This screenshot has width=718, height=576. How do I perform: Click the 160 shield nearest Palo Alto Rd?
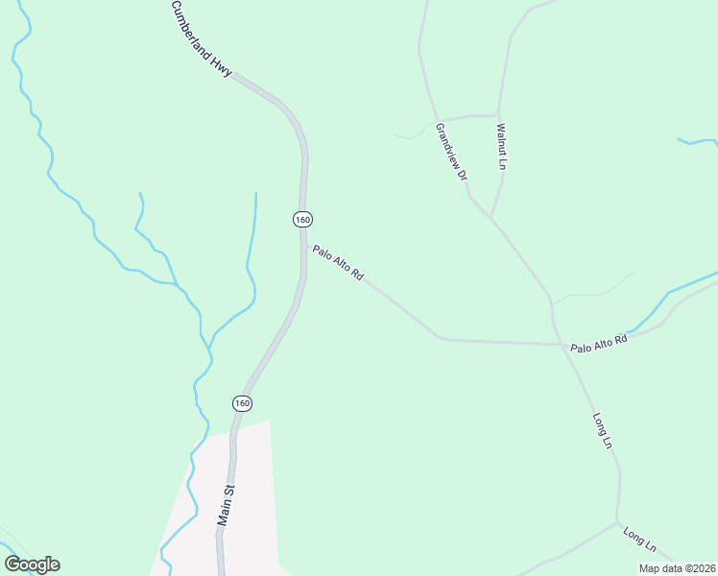[302, 220]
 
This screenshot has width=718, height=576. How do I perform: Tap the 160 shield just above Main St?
[242, 403]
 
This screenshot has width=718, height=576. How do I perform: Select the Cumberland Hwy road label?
[202, 39]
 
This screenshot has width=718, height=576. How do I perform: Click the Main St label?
[226, 505]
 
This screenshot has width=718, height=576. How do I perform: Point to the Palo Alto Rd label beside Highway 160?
[338, 263]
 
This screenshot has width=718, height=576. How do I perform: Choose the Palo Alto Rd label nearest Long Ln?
[598, 343]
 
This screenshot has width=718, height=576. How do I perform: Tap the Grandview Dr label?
[451, 152]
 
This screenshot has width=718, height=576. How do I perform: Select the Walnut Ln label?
[500, 146]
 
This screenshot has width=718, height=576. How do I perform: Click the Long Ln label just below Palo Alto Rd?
[602, 430]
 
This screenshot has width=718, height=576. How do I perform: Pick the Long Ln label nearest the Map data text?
[638, 540]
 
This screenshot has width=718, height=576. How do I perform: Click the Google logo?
[32, 564]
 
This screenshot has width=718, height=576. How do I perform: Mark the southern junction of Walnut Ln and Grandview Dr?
[491, 218]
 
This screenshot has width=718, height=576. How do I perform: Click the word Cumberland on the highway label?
[193, 29]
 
